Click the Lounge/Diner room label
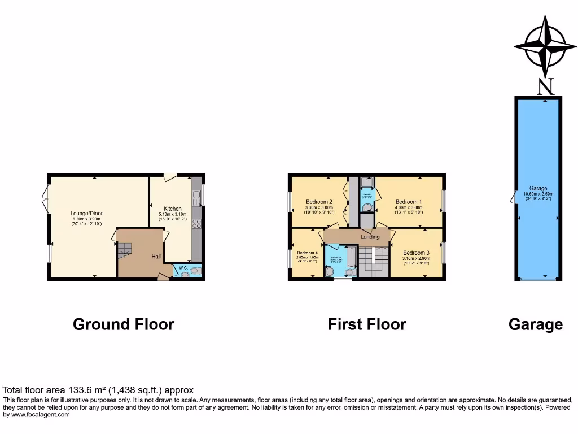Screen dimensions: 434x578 tap(86, 214)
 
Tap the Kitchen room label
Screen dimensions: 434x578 tap(172, 209)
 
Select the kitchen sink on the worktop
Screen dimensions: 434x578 tap(196, 199)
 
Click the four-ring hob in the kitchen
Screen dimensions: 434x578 tap(196, 224)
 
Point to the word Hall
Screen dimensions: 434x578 tap(156, 257)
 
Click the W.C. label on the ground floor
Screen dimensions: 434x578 tap(183, 268)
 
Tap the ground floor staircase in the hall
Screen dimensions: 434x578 tap(124, 249)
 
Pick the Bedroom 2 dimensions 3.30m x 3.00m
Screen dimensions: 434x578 tap(319, 207)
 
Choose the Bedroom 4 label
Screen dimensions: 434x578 tap(308, 253)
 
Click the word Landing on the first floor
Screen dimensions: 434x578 tap(370, 237)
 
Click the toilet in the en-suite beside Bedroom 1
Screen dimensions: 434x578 tap(367, 208)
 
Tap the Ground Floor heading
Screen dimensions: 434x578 tap(124, 324)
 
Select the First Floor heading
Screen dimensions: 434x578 tap(367, 324)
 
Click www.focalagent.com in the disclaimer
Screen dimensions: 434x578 tap(37, 414)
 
